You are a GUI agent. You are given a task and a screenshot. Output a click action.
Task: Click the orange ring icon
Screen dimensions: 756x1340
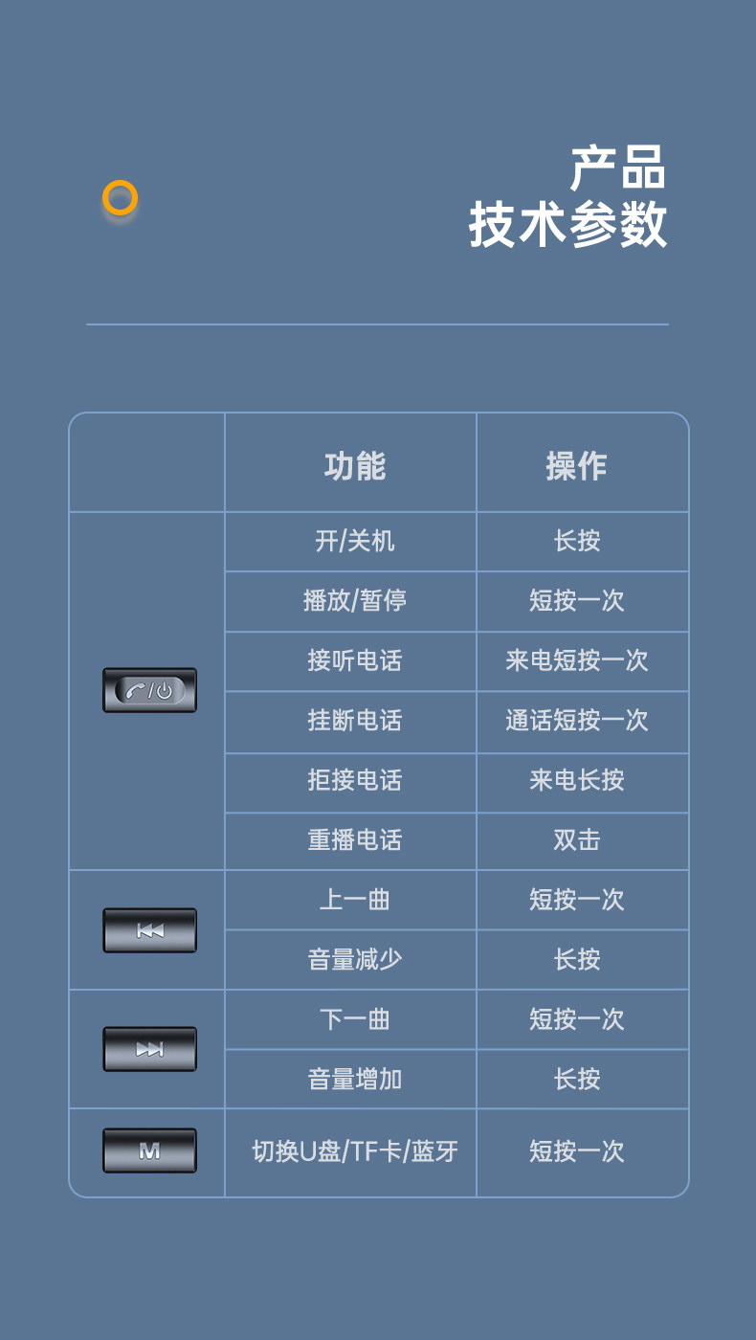(121, 198)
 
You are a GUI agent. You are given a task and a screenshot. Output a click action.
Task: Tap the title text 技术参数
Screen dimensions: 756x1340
(567, 226)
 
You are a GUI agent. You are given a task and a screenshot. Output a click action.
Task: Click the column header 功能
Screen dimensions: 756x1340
(354, 466)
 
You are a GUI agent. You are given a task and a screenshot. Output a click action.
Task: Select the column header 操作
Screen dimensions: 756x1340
(576, 466)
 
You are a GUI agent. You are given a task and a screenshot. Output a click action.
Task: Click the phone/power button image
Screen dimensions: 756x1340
(149, 690)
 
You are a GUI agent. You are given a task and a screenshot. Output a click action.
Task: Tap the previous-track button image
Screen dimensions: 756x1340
(149, 930)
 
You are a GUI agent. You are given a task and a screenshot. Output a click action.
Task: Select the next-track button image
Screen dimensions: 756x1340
(149, 1049)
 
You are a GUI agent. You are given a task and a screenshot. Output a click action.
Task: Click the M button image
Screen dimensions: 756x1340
(149, 1150)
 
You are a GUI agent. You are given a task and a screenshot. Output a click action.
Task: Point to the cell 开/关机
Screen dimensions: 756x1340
(354, 542)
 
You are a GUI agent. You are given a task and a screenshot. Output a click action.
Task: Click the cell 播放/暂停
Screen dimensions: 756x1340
(354, 601)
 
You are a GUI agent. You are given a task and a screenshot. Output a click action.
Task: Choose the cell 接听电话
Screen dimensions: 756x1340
(354, 661)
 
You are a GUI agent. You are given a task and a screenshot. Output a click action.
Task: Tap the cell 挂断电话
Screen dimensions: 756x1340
(354, 721)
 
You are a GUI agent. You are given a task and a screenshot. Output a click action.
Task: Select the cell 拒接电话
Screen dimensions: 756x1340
(354, 781)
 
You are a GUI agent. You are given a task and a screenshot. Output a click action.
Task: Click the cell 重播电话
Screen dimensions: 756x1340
(354, 840)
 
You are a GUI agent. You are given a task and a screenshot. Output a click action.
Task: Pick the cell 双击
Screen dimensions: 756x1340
(576, 840)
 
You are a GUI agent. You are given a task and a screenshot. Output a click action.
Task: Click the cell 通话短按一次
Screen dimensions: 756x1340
(576, 721)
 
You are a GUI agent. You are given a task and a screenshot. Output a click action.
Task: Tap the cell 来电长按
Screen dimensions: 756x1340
(576, 781)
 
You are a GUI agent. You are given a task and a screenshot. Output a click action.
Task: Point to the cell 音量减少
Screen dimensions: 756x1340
(354, 960)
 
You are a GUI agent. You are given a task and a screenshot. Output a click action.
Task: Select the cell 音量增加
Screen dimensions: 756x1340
(354, 1080)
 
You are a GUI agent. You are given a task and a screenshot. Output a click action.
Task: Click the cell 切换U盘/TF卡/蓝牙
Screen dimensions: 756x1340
(354, 1151)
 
